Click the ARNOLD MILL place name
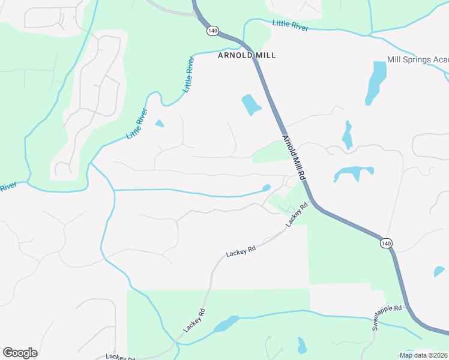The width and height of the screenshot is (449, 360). tap(246, 55)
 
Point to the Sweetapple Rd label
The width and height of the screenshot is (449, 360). tap(390, 317)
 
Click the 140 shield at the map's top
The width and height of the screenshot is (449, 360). tap(212, 30)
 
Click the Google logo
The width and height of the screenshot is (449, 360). tap(20, 353)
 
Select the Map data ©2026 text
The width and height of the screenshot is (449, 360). tap(424, 355)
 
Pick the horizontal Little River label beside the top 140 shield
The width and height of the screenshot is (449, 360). tap(290, 25)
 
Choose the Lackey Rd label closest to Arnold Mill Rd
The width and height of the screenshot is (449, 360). tap(297, 214)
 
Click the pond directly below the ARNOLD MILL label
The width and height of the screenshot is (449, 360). tap(251, 104)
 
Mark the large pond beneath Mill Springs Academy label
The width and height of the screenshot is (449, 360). tap(376, 82)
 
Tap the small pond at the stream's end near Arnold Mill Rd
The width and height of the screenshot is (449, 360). tap(267, 187)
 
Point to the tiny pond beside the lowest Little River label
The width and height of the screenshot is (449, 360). tap(159, 124)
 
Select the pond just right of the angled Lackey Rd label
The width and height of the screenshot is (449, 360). tap(226, 325)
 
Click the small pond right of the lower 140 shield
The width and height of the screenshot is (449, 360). tap(439, 271)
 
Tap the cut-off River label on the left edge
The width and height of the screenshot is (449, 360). tap(7, 188)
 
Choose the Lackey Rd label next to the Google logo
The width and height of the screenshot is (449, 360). tap(120, 357)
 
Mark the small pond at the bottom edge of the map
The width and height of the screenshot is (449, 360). tap(301, 346)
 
